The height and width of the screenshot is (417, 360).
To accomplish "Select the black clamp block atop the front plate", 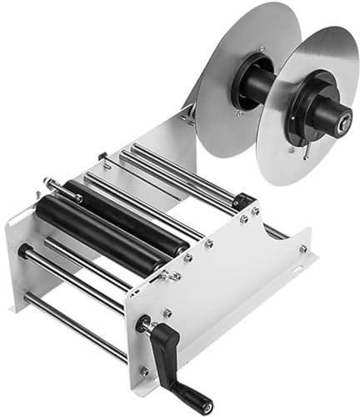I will click(242, 201).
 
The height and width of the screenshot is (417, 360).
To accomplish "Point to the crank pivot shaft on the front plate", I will click(143, 324).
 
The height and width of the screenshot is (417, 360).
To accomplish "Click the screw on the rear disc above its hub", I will click(261, 49).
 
